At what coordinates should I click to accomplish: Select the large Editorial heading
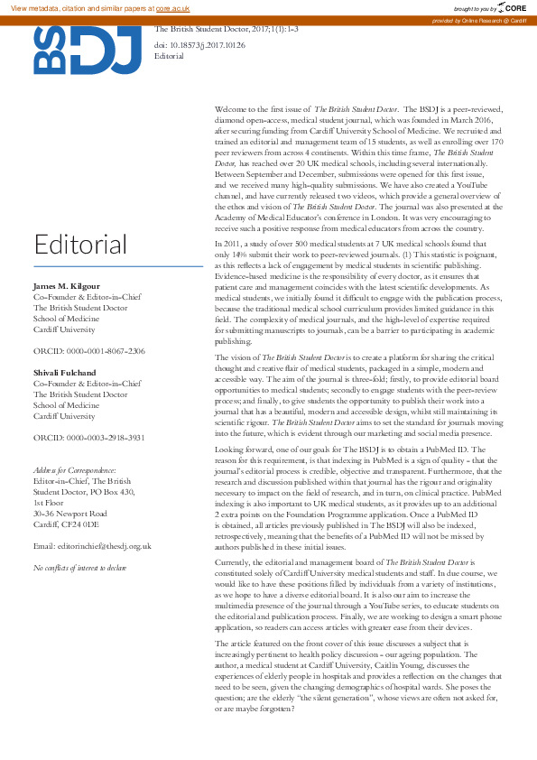tap(81, 244)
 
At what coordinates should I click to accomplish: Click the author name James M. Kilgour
tap(69, 285)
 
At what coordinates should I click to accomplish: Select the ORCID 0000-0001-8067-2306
tap(88, 350)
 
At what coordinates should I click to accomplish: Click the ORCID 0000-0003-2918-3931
tap(88, 437)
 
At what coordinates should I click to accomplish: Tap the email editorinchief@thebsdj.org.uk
tap(92, 546)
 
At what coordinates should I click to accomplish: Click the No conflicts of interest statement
tap(79, 568)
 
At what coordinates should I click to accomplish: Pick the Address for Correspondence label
tap(74, 470)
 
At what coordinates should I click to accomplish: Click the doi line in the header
tap(199, 43)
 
